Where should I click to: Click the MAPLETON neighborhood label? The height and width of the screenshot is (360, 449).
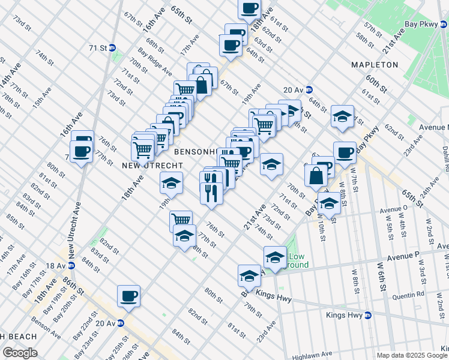coord(375,64)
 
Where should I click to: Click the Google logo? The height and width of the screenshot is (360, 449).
coord(20,353)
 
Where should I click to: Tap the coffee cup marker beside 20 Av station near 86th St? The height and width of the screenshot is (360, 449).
coord(129,295)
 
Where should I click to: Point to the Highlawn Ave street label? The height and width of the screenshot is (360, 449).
coord(312,355)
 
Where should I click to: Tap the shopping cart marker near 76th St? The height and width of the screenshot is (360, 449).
coord(181,220)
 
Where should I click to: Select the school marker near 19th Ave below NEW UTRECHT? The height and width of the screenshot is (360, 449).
coord(171,182)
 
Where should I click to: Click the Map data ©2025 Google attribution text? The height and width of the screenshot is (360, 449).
coord(411,355)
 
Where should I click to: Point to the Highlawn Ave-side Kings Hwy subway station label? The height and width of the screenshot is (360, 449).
coord(349,315)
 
